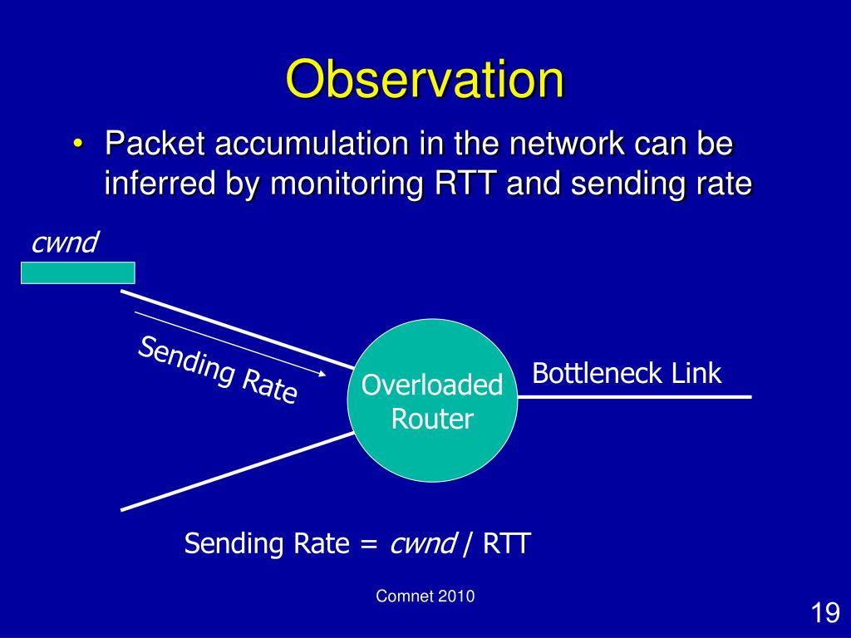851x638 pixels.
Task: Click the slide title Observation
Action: click(x=425, y=79)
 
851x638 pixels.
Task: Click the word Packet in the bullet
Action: click(x=155, y=144)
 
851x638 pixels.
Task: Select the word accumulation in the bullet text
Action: click(x=312, y=144)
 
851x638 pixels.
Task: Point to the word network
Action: click(x=567, y=144)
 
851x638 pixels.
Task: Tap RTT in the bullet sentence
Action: click(x=465, y=184)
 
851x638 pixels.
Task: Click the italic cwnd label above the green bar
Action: click(x=65, y=243)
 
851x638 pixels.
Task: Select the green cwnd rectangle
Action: click(x=77, y=272)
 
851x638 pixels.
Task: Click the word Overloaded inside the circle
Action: click(x=432, y=385)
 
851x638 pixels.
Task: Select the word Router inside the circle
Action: click(x=432, y=420)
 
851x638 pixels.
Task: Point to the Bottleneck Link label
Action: click(x=627, y=373)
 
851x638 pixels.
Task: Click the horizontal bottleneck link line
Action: click(x=634, y=397)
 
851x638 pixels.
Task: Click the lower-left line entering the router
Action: click(x=237, y=472)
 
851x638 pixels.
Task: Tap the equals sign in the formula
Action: click(x=368, y=543)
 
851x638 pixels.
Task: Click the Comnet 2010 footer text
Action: click(x=425, y=596)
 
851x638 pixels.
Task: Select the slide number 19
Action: click(x=825, y=613)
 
